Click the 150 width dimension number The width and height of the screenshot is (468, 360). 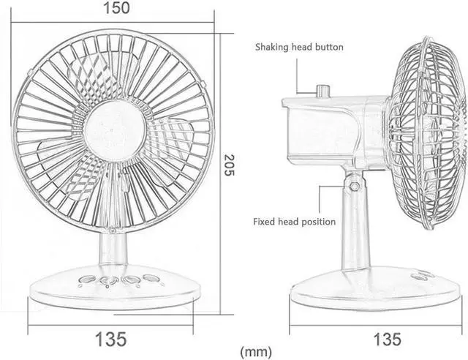point(116,8)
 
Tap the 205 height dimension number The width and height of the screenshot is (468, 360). point(229,165)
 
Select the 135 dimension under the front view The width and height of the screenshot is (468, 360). point(110,339)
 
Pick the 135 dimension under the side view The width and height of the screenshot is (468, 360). point(387,339)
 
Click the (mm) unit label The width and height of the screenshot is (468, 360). point(256,352)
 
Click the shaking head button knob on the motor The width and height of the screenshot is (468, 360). point(323,91)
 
